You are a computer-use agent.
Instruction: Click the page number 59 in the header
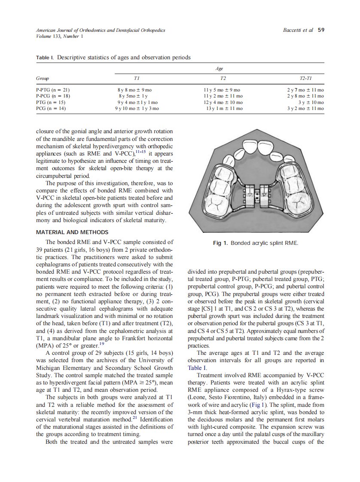tap(321, 30)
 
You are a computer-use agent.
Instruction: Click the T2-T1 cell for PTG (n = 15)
tap(311, 103)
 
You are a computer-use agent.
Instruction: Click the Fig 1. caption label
tap(220, 243)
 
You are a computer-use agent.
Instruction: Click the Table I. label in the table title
tap(45, 57)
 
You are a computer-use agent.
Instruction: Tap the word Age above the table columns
tap(220, 68)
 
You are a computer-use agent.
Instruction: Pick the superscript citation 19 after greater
tap(102, 342)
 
